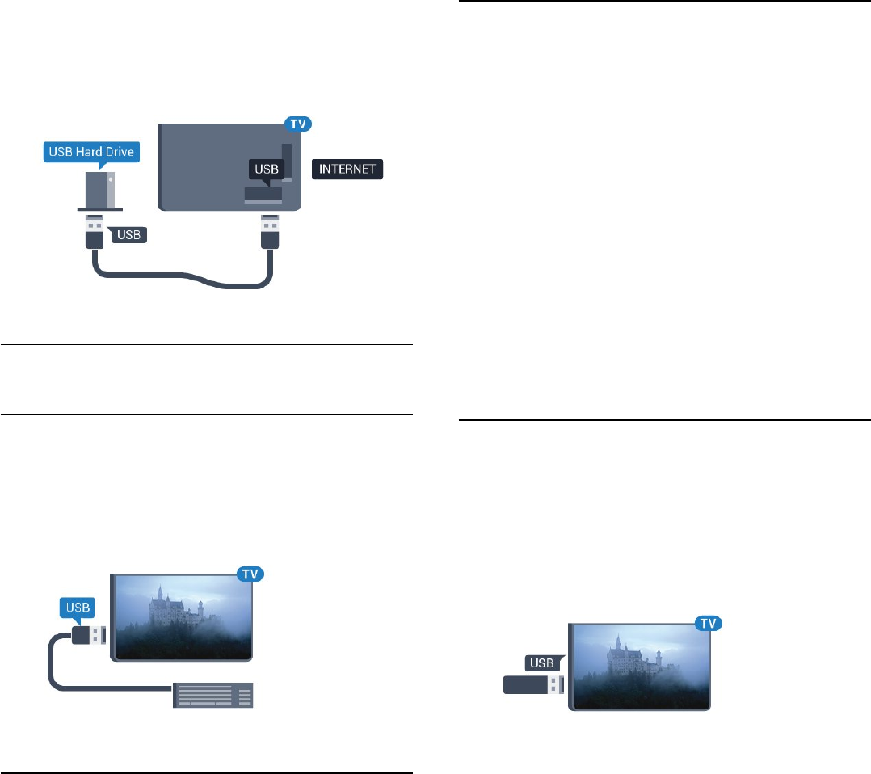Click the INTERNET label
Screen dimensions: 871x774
tap(347, 170)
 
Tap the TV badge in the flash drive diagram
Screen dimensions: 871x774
tap(709, 624)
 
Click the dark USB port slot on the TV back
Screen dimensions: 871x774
tap(263, 194)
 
